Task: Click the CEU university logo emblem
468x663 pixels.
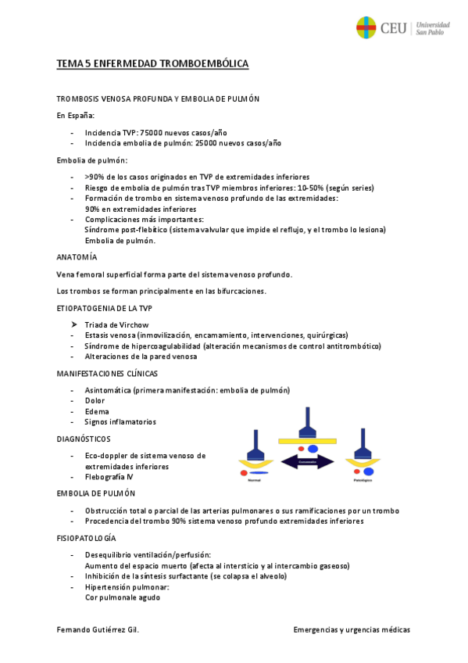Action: [366, 27]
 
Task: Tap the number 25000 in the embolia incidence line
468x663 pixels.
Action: [198, 143]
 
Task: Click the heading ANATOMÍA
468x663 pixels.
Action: [77, 257]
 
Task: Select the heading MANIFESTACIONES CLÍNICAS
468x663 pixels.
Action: [107, 374]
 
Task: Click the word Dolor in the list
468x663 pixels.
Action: [95, 400]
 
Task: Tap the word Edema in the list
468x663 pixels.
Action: [97, 411]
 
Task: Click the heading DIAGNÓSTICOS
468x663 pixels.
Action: [84, 439]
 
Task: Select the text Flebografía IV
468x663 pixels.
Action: [109, 476]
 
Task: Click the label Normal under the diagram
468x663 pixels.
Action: [254, 480]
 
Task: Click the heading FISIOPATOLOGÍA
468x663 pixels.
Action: [87, 539]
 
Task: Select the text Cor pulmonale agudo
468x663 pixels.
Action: [123, 597]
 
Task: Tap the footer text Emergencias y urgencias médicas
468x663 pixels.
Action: [352, 629]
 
